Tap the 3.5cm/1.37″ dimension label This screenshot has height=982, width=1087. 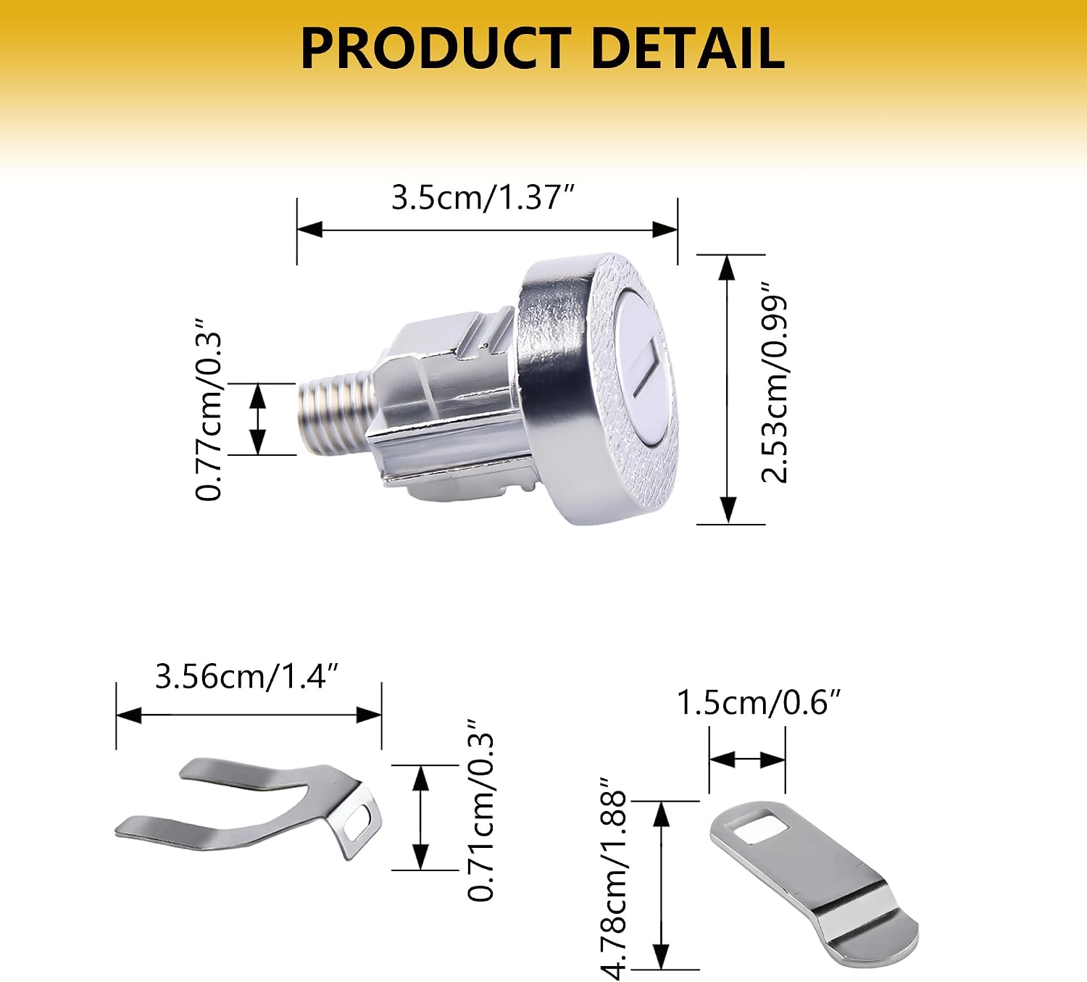click(483, 197)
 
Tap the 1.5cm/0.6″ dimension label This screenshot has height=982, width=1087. click(759, 703)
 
